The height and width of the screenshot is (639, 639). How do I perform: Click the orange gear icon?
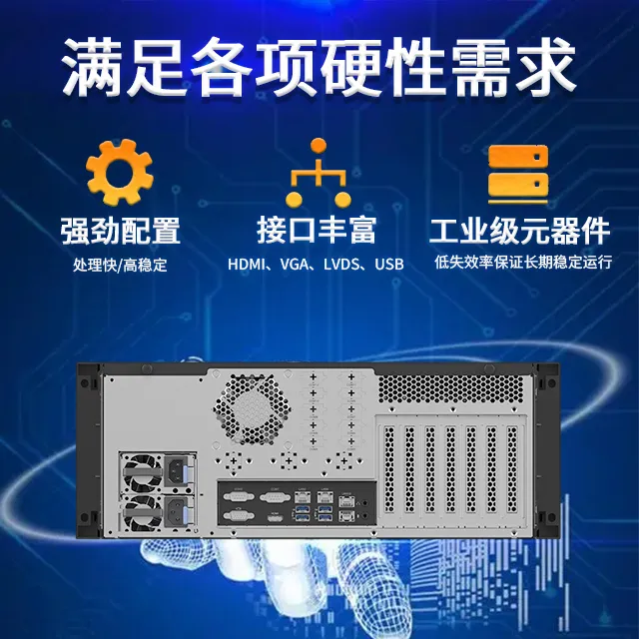point(119,173)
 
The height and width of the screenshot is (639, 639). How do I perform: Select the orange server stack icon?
point(518,172)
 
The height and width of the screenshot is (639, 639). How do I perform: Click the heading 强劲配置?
point(119,231)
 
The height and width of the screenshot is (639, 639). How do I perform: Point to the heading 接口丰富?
point(317,231)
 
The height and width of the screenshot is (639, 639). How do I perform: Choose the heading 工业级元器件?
point(519,231)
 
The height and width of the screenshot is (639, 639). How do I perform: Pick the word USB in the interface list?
point(389,266)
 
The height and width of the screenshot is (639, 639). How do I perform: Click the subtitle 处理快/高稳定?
point(119,266)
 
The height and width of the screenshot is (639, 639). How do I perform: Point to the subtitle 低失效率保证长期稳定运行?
point(522,265)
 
